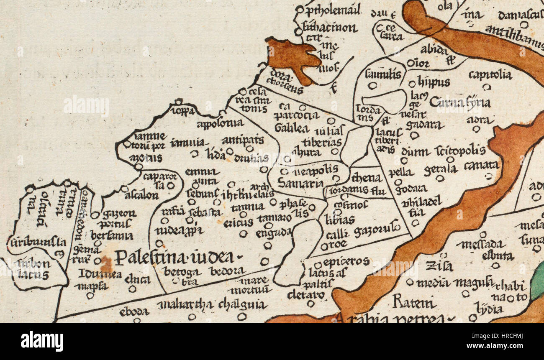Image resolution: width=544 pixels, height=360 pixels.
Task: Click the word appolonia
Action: point(220,123)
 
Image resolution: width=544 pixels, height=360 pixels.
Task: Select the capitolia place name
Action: point(490,75)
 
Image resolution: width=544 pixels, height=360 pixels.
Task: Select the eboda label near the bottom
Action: point(134,311)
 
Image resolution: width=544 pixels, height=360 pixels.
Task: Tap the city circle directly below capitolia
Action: point(486,87)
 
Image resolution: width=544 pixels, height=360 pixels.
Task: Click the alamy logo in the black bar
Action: point(42,341)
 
